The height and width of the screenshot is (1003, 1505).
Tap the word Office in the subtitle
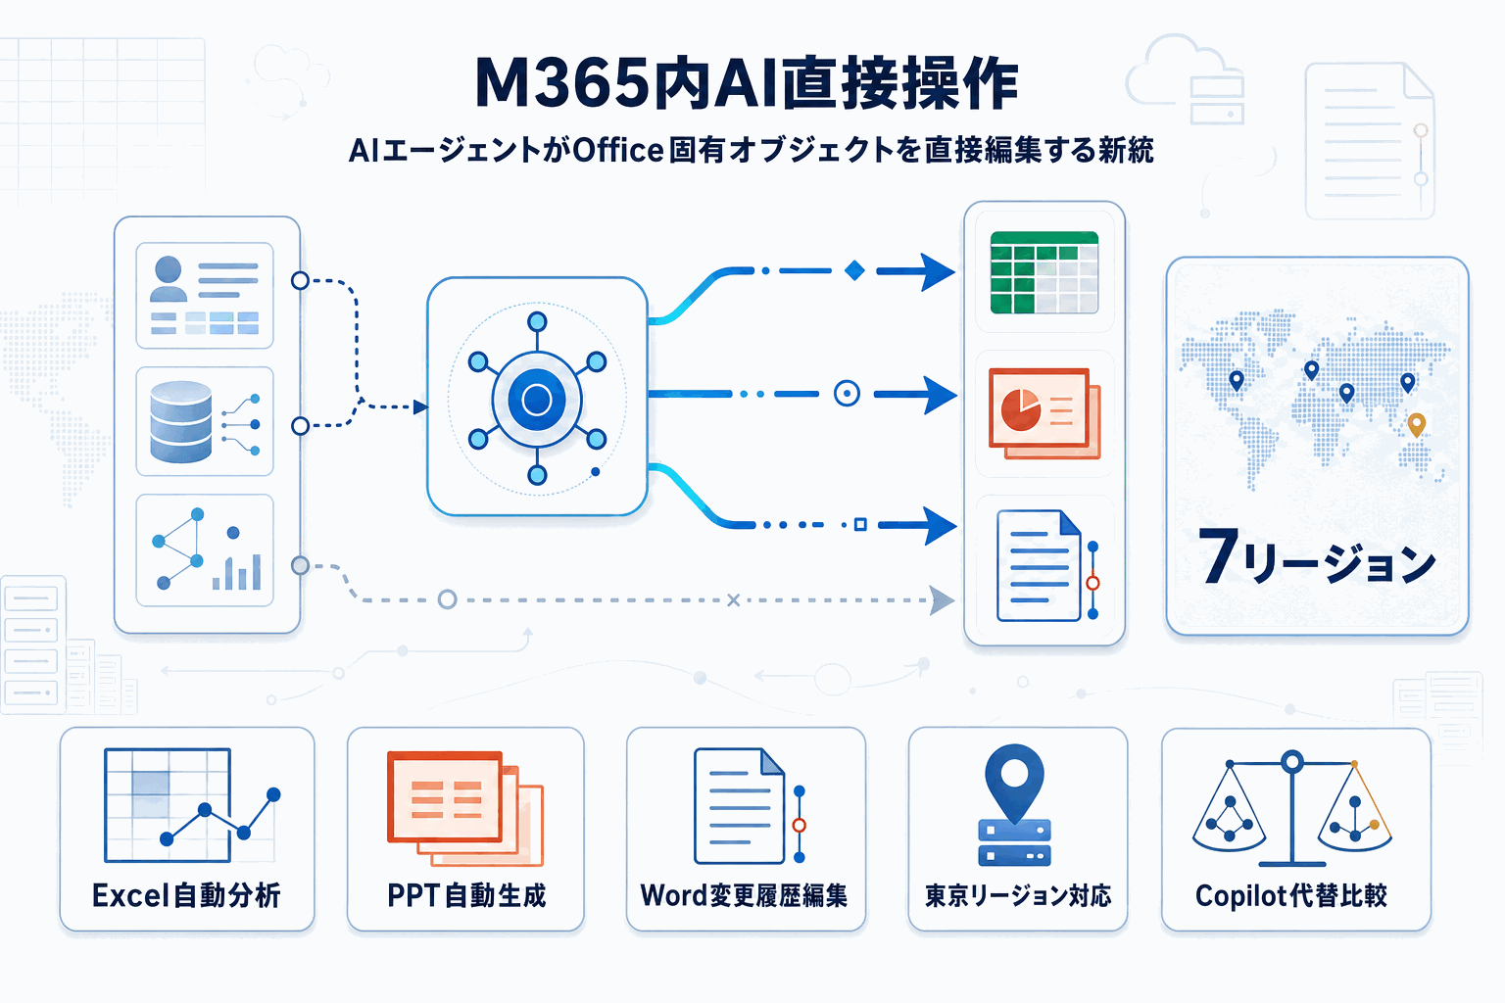[618, 150]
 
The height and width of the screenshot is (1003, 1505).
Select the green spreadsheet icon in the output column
[1044, 272]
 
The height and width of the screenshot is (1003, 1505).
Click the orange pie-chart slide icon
[1044, 412]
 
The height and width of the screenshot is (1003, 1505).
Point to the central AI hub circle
[537, 400]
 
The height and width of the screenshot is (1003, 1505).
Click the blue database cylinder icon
[181, 421]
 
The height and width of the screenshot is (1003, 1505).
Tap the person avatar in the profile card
[169, 279]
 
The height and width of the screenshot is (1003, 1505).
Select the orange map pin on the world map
[1416, 424]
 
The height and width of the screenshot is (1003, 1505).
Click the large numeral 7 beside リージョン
[1218, 555]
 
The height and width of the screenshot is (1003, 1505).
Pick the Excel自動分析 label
[186, 895]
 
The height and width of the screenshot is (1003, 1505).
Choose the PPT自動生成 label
[466, 895]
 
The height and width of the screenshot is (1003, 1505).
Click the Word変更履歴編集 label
[745, 895]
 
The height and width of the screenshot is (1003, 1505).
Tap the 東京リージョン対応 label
[1018, 895]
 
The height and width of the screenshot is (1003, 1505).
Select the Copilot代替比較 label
[1291, 895]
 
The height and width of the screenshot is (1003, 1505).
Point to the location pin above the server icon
[1014, 779]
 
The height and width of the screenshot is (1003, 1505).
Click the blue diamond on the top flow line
[854, 270]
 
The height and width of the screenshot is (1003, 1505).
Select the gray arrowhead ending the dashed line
[942, 599]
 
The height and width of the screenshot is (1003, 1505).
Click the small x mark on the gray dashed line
[733, 599]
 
